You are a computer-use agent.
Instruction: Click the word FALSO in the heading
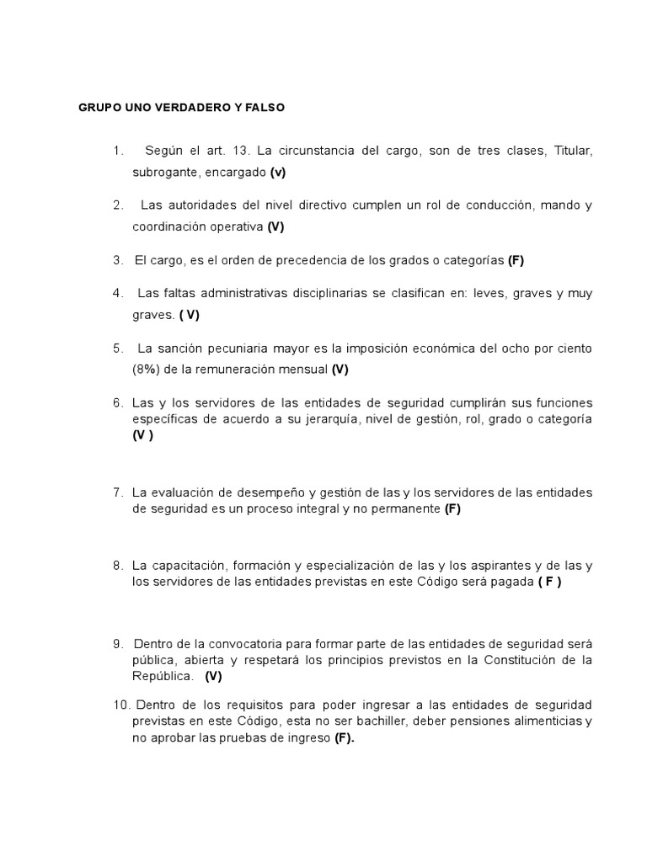click(261, 109)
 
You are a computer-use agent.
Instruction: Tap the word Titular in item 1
click(573, 152)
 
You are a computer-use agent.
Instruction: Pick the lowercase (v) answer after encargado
click(278, 173)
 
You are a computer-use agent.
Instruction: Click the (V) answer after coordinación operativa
click(276, 226)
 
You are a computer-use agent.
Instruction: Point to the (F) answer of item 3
click(516, 260)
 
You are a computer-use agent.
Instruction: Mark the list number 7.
click(118, 492)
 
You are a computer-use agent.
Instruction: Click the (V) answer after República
click(213, 676)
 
